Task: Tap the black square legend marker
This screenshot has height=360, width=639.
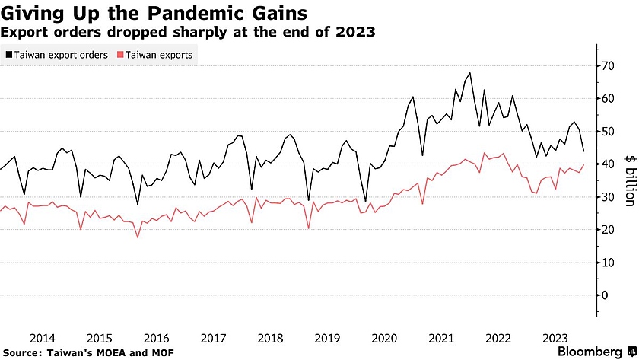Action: (8, 55)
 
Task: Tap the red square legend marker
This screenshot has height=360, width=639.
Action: (120, 55)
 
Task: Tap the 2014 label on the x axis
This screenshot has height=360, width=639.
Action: (42, 338)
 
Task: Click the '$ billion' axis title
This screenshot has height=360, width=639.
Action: (628, 181)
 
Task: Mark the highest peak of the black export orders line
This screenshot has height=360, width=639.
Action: (470, 73)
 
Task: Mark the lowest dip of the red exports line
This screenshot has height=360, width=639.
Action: (138, 237)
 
